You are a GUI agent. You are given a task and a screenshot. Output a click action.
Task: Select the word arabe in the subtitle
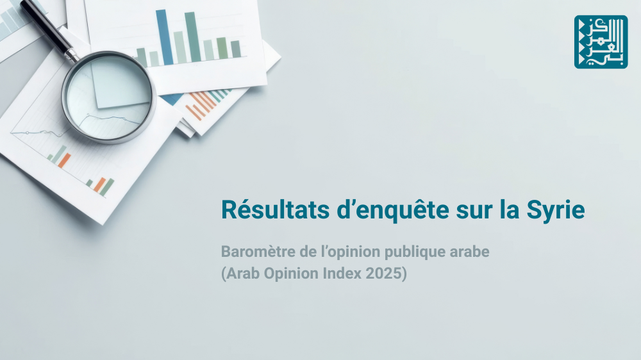click(469, 252)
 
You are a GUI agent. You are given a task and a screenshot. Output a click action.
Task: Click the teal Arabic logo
click(601, 42)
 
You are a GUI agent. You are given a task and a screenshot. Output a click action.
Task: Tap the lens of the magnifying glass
click(108, 97)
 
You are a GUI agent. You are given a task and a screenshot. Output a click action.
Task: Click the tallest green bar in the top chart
click(192, 37)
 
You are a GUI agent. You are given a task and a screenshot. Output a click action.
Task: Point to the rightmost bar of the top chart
click(236, 49)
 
